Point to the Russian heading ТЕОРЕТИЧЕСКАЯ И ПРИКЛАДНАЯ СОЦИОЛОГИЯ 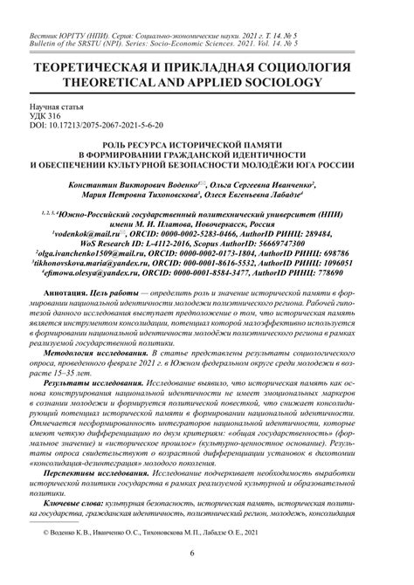[207, 67]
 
